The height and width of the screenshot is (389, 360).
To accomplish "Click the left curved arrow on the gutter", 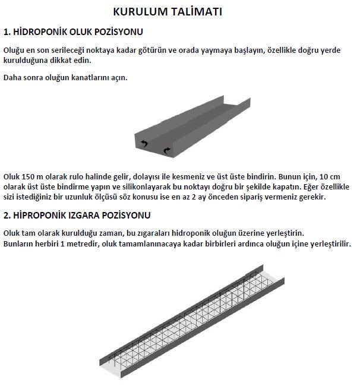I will coord(144,143).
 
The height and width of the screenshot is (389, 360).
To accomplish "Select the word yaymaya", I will coord(212,50).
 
